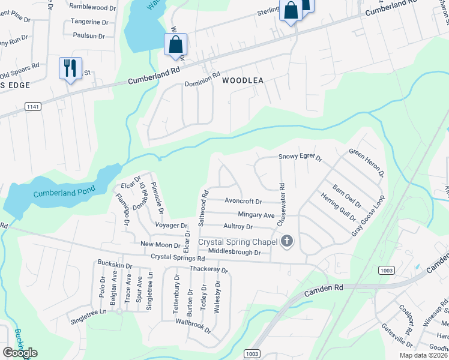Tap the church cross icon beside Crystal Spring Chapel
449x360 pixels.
click(287, 241)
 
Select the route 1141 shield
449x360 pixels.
click(33, 106)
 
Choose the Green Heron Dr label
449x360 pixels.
click(366, 162)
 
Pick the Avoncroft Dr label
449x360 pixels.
click(243, 202)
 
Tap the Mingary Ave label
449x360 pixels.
click(256, 215)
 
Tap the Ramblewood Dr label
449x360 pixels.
click(92, 7)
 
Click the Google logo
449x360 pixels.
click(20, 352)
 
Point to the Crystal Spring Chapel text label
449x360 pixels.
click(238, 242)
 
